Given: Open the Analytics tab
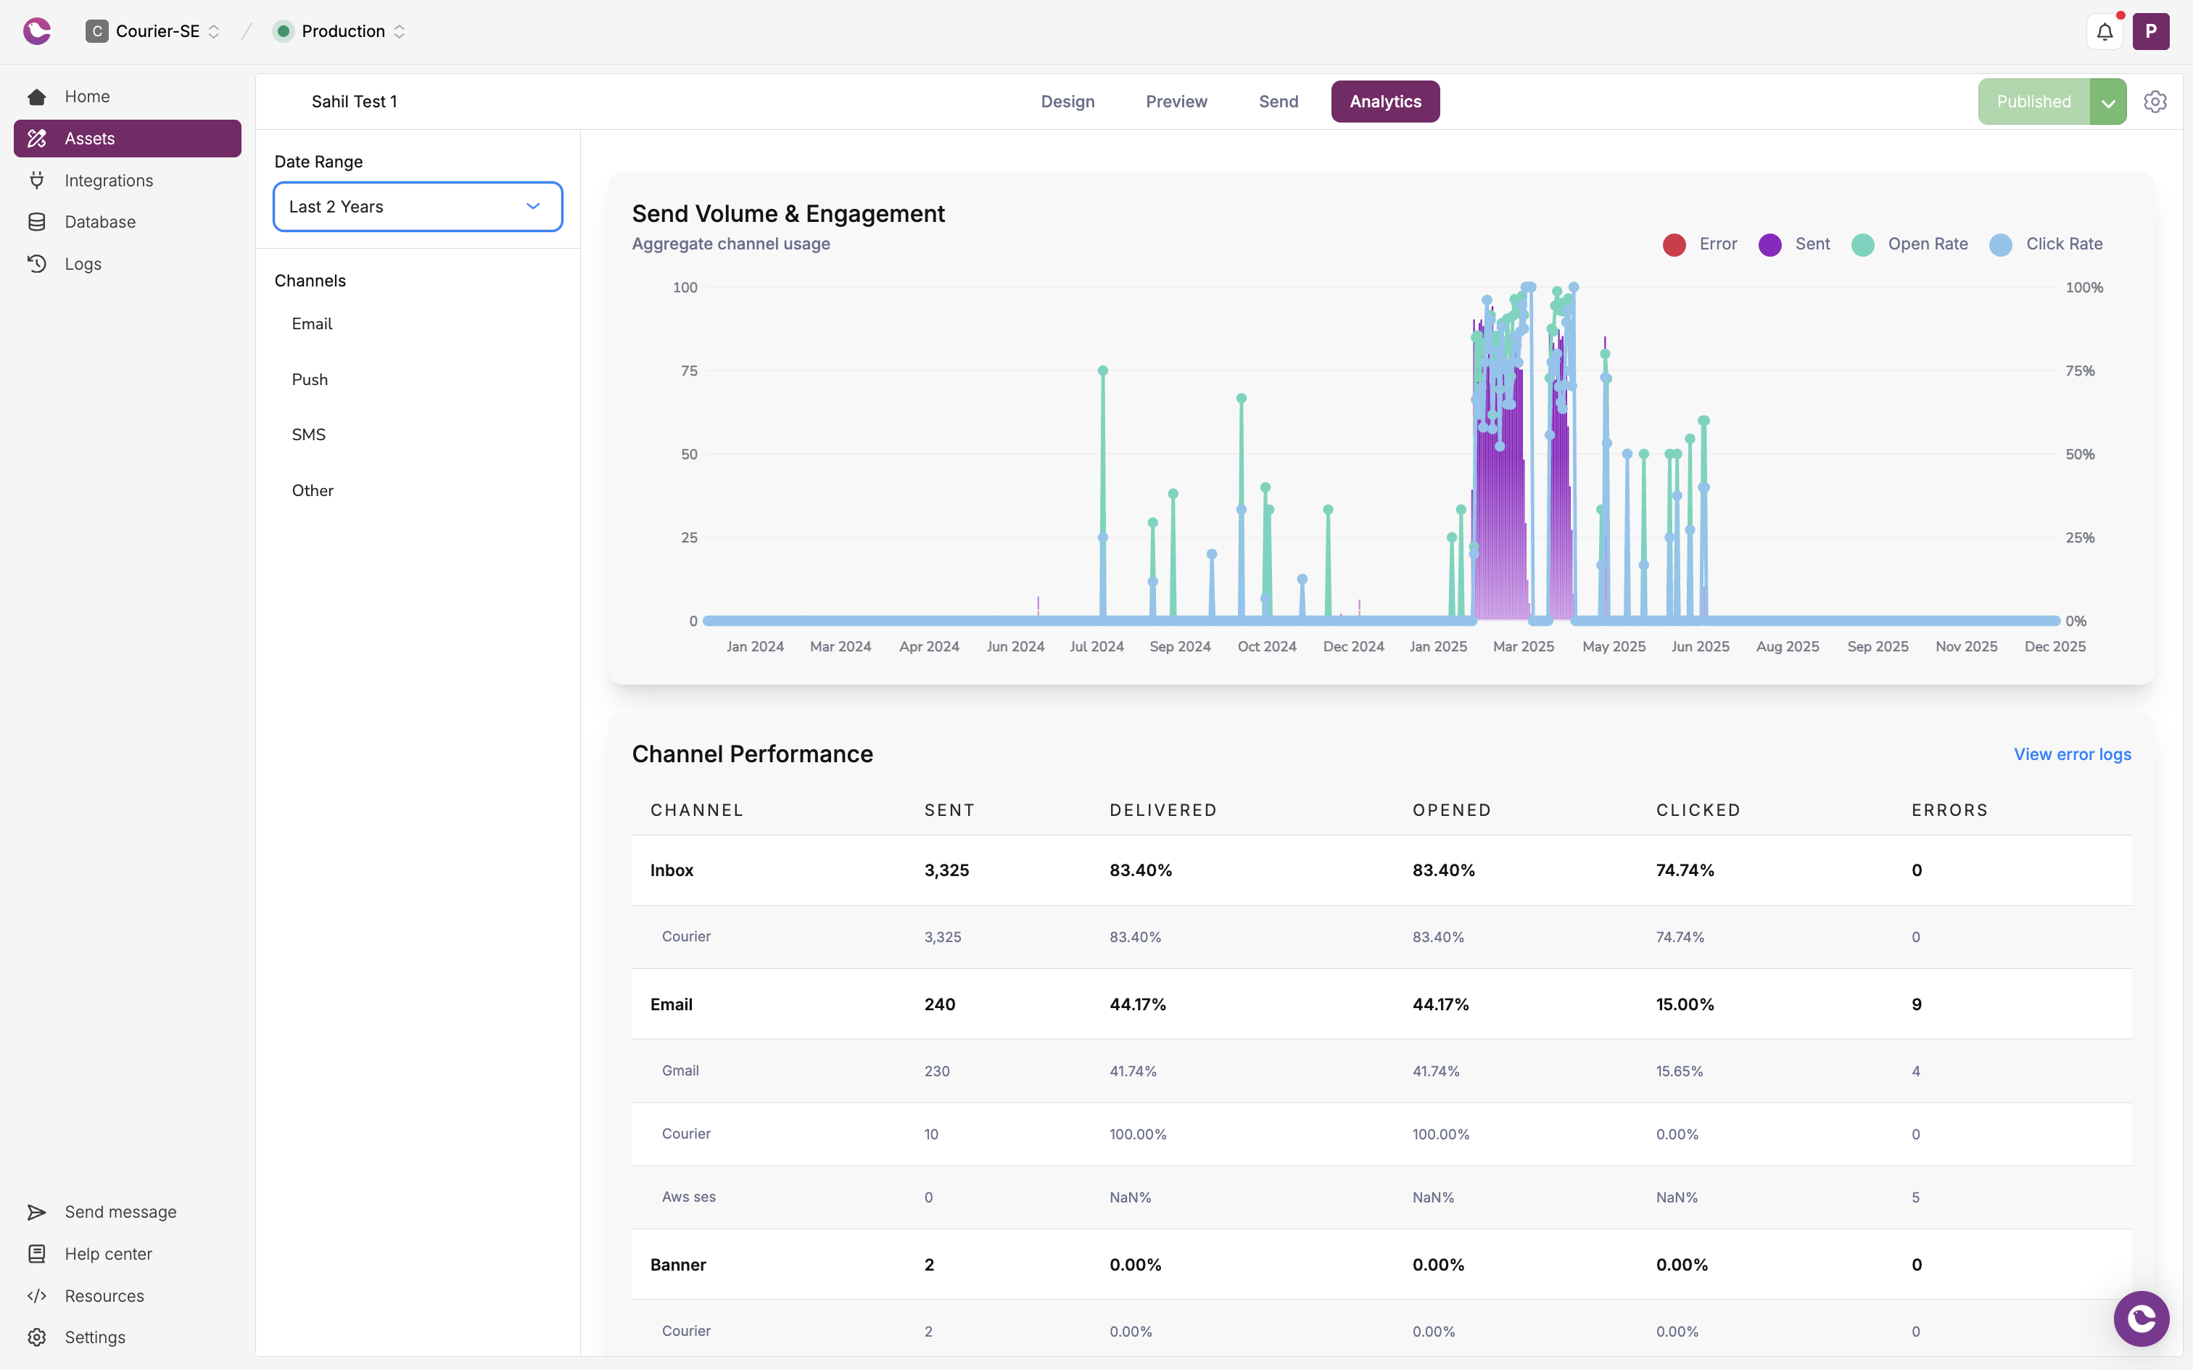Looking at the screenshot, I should [x=1384, y=102].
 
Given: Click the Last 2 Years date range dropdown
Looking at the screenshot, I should [x=418, y=207].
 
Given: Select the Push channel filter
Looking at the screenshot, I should [x=310, y=379].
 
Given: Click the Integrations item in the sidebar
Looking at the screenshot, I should [x=109, y=181].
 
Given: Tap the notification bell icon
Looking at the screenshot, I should [x=2105, y=32].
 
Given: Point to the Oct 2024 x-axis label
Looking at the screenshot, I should [x=1266, y=646].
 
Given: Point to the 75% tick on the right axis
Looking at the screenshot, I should [x=2080, y=371].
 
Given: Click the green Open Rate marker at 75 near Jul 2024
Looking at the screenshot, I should [x=1102, y=371].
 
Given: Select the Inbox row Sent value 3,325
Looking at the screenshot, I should [x=946, y=870].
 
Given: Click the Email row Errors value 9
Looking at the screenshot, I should [x=1917, y=1004].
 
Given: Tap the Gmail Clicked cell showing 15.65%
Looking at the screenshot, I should [x=1680, y=1071].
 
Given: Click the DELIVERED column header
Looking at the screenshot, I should [x=1163, y=810].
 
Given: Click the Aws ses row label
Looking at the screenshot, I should [x=688, y=1197].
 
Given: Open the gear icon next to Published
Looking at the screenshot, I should [x=2155, y=102].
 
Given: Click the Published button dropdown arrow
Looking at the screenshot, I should [x=2108, y=102].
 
